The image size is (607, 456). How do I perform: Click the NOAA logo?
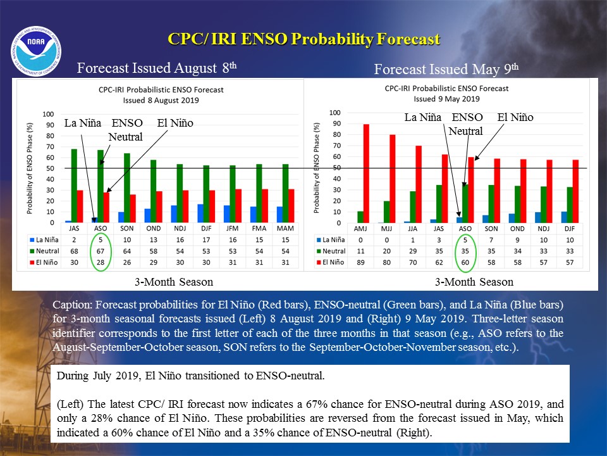36,51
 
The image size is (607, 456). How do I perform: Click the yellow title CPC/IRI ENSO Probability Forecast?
304,39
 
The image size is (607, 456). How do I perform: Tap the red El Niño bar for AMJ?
366,174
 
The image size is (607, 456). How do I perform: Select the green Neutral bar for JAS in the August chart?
74,186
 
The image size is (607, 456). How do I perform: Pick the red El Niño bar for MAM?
291,206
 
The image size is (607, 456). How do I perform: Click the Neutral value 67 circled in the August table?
101,251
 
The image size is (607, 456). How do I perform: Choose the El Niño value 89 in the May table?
360,262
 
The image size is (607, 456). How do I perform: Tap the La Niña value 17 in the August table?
206,239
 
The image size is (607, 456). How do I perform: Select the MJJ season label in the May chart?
386,229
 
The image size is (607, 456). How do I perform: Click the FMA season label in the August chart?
259,229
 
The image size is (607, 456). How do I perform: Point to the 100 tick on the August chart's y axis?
49,114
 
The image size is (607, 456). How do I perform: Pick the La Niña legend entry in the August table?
44,239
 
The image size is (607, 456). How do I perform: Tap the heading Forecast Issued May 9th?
446,69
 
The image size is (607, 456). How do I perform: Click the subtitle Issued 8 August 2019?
161,100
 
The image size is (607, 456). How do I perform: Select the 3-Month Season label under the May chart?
474,282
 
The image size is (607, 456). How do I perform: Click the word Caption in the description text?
72,305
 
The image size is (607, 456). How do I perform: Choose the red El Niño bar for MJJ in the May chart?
393,179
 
